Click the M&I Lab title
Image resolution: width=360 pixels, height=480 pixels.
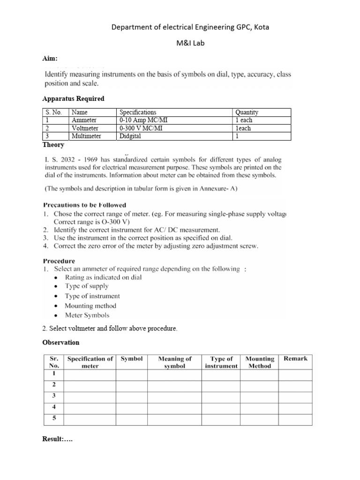[x=190, y=43]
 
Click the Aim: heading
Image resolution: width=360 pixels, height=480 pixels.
[x=50, y=58]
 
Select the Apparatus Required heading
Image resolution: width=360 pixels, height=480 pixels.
[x=73, y=99]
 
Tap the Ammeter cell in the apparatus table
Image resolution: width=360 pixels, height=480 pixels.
[x=84, y=120]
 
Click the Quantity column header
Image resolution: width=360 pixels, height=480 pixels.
[x=247, y=112]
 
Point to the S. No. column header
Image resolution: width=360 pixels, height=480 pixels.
[x=54, y=112]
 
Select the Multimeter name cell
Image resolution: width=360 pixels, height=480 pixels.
[x=87, y=136]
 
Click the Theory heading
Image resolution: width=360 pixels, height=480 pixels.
[x=53, y=145]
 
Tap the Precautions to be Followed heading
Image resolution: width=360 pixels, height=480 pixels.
[x=84, y=205]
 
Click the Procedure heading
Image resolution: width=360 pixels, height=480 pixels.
[x=59, y=261]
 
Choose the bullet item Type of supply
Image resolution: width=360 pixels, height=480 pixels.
[x=87, y=286]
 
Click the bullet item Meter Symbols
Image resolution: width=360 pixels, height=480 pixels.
[x=87, y=315]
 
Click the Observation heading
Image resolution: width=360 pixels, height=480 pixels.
[x=60, y=343]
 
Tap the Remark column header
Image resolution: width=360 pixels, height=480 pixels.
[x=295, y=359]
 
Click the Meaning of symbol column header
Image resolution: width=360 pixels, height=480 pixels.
[x=175, y=362]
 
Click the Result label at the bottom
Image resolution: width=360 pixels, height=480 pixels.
[x=57, y=440]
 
